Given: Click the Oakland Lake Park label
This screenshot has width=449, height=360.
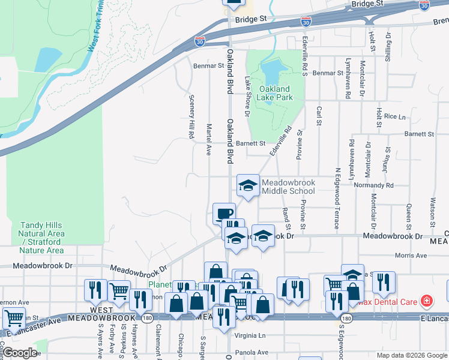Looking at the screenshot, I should pyautogui.click(x=276, y=93).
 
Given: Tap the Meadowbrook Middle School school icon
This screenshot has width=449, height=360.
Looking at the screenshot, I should pyautogui.click(x=248, y=186).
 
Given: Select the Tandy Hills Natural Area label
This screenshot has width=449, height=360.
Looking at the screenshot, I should pyautogui.click(x=41, y=238).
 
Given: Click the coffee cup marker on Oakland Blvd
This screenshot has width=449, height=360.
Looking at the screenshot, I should pyautogui.click(x=224, y=213).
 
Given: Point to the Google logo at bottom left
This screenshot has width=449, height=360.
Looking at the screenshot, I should pyautogui.click(x=20, y=352).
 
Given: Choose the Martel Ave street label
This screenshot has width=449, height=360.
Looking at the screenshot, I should pyautogui.click(x=208, y=139).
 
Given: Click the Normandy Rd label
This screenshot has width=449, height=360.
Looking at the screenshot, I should pyautogui.click(x=373, y=186).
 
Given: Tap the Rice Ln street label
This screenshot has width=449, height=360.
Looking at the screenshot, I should pyautogui.click(x=395, y=116).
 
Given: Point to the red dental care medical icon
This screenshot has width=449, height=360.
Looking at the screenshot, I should pyautogui.click(x=427, y=299).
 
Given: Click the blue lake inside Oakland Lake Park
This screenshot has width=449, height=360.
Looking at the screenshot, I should pyautogui.click(x=270, y=72).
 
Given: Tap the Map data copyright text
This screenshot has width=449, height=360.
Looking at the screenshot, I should pyautogui.click(x=412, y=355).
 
